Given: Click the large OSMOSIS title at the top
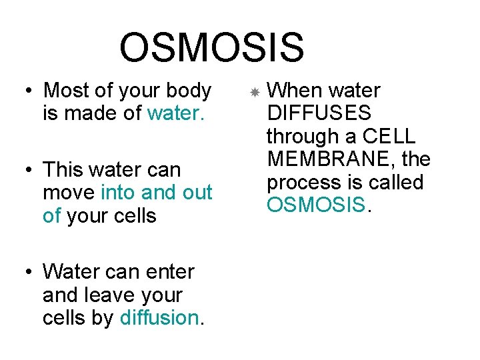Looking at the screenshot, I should (x=211, y=49).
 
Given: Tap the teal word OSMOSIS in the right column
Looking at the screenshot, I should (x=316, y=205).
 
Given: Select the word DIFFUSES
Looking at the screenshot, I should (x=319, y=113).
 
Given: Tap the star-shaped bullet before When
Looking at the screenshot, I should (x=254, y=91).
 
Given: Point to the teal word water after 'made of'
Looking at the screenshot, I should (x=173, y=113).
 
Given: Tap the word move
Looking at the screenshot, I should (x=69, y=193).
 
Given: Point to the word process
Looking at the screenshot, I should (x=304, y=183).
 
